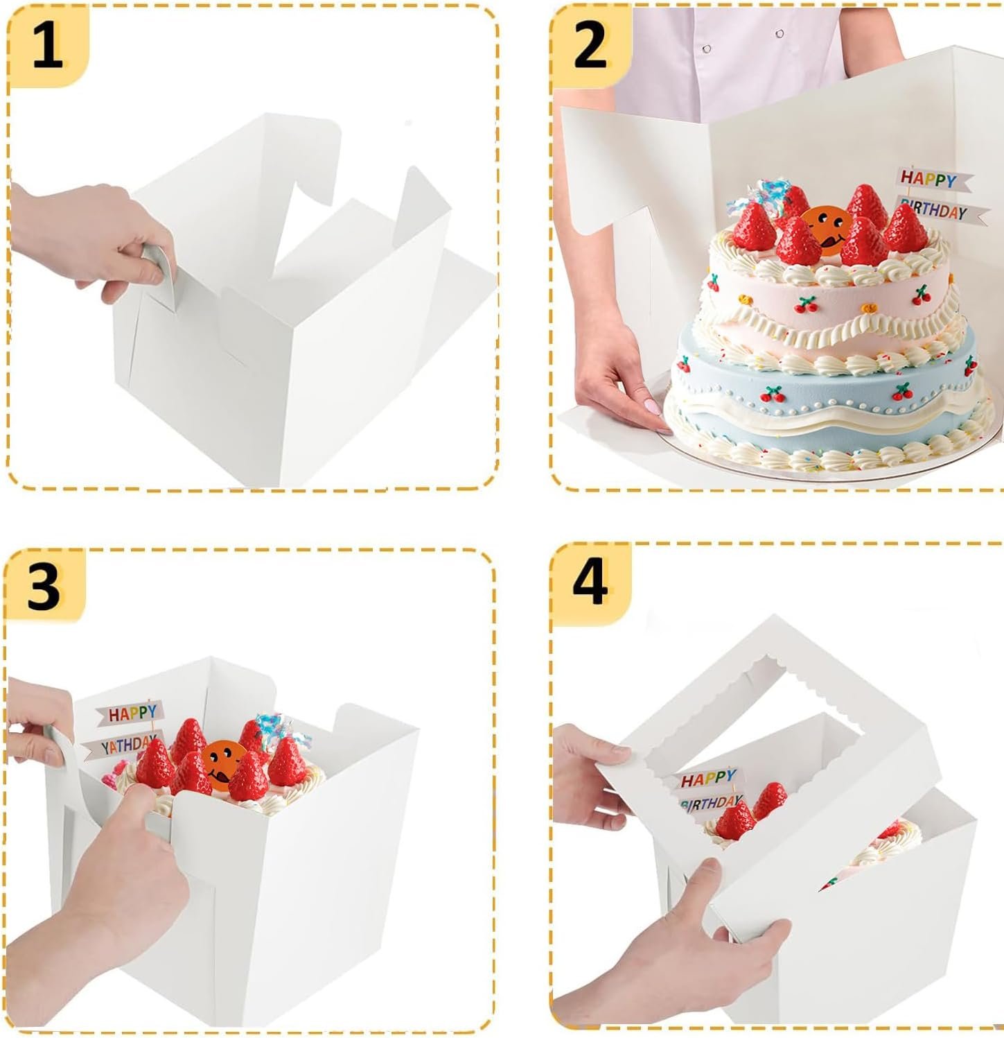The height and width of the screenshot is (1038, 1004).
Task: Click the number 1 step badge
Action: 47,46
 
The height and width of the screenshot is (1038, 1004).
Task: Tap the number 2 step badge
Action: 590,46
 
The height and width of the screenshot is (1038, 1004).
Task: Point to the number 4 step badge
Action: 590,584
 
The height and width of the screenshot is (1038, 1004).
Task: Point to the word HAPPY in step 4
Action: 707,779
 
